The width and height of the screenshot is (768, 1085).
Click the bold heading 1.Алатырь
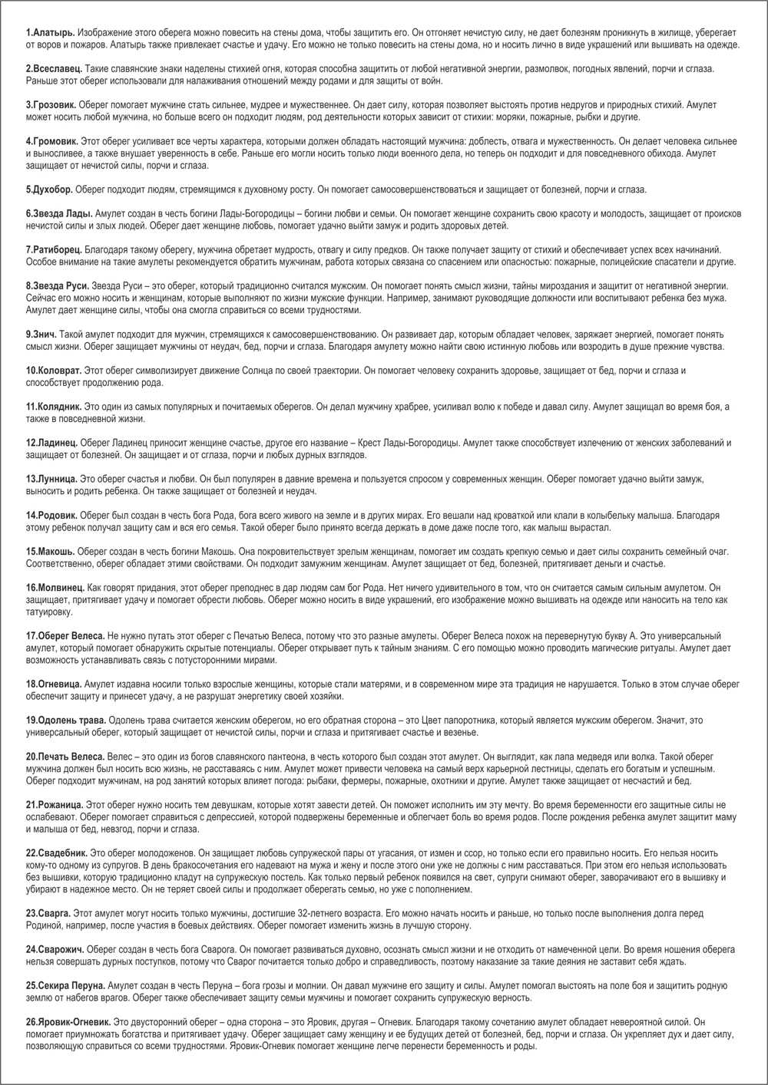pos(51,32)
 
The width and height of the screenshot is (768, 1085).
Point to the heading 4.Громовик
pos(52,141)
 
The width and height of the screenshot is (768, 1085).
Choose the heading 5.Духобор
pos(50,190)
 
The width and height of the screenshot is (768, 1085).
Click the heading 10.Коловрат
pos(54,371)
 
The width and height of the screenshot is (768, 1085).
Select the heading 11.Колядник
pos(53,407)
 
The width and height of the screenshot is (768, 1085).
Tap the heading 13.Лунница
pos(51,479)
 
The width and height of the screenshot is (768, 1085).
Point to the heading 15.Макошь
pos(51,552)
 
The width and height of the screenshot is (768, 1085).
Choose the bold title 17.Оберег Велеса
pos(65,636)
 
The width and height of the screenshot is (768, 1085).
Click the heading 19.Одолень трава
pos(66,721)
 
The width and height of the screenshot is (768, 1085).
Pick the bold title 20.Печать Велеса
pos(65,757)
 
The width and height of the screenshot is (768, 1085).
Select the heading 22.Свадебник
pos(57,852)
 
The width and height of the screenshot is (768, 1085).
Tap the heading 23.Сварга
pos(48,913)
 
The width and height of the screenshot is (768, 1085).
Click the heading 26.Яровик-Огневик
pos(68,1022)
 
